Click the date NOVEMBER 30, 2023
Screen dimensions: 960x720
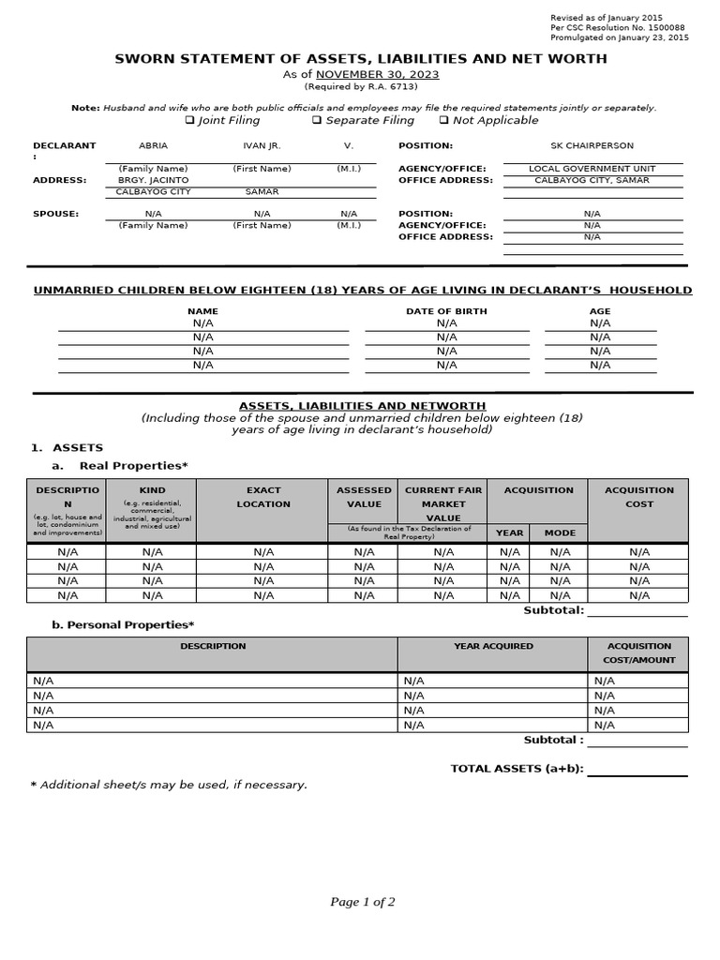click(x=377, y=74)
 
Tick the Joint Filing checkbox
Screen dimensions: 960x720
click(x=189, y=121)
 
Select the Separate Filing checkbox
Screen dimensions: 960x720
click(x=317, y=121)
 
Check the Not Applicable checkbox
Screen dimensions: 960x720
click(x=443, y=121)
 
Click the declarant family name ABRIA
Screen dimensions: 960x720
click(x=153, y=146)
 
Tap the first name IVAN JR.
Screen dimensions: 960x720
click(x=262, y=146)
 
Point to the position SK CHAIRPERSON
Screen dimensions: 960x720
click(x=592, y=146)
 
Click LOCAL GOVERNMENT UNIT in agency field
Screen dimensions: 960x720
click(x=592, y=169)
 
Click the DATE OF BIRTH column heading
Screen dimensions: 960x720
click(x=446, y=311)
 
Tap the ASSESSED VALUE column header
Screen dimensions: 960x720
click(x=364, y=497)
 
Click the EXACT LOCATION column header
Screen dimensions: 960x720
click(x=263, y=497)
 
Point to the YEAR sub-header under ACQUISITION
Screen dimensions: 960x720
click(x=509, y=532)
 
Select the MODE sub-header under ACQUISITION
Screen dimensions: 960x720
click(x=560, y=532)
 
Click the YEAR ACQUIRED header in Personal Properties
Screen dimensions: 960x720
click(x=493, y=646)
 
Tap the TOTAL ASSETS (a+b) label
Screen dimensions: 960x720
click(x=517, y=769)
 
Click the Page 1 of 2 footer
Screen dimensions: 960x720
click(x=362, y=902)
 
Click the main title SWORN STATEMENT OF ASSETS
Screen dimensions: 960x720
click(x=360, y=59)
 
